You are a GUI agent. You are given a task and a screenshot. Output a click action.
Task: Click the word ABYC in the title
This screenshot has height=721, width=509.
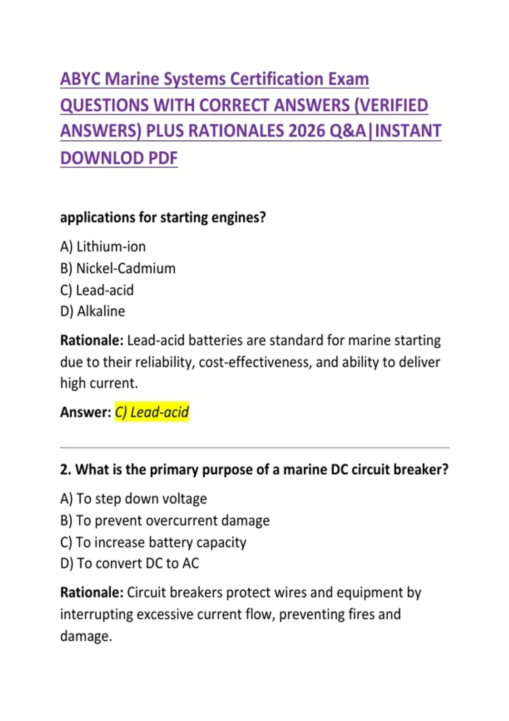[80, 79]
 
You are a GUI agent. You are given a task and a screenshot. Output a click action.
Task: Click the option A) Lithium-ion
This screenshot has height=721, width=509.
[103, 246]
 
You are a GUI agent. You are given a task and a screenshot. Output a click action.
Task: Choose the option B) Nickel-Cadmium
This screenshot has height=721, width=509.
[118, 268]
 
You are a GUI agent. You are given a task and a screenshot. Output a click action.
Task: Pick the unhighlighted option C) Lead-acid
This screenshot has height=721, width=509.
[97, 290]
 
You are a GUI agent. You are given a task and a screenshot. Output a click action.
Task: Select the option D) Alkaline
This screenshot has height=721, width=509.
[93, 311]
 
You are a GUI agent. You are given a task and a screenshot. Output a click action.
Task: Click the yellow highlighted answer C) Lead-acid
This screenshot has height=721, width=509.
[152, 412]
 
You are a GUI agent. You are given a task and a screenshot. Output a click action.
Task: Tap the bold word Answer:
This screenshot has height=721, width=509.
[86, 412]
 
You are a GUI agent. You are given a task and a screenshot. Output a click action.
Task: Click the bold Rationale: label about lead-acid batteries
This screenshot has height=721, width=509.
[92, 340]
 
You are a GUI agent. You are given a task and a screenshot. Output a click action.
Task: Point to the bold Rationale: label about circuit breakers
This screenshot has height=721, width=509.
[92, 592]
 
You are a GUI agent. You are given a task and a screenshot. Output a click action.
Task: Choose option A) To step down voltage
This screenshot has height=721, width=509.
[134, 499]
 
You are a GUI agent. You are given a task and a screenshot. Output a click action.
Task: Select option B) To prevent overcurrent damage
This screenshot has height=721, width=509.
[165, 520]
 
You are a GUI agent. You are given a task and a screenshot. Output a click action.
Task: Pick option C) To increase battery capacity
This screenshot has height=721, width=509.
[153, 542]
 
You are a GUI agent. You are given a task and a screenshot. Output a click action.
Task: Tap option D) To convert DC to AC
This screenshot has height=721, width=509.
[130, 563]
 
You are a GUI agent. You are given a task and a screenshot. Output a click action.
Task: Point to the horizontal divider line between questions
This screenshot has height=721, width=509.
[255, 447]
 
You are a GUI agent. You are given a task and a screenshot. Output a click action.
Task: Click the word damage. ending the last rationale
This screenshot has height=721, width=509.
[86, 636]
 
